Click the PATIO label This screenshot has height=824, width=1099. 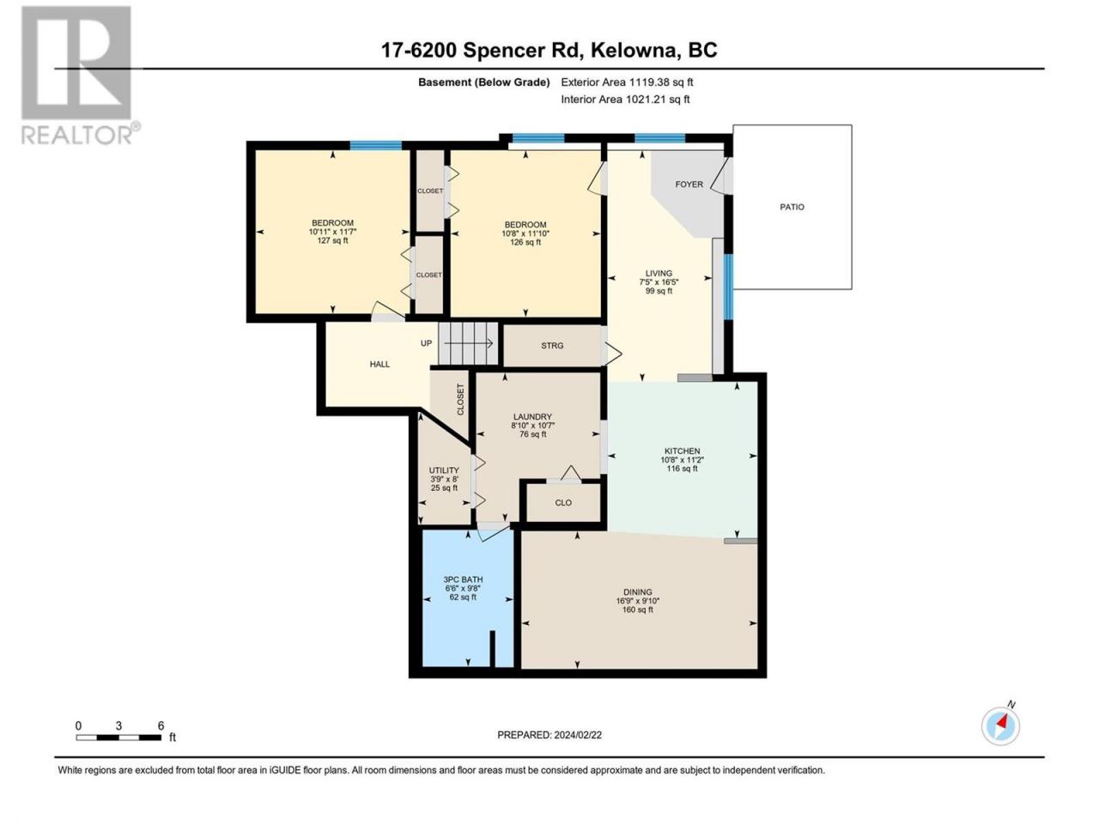(792, 207)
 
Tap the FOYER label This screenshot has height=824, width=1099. (689, 184)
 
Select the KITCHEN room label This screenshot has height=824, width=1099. (682, 451)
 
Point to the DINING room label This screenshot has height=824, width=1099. (637, 592)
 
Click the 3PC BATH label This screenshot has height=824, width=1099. (463, 579)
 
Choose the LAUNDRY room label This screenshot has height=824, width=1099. (532, 417)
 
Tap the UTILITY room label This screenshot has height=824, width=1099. (444, 470)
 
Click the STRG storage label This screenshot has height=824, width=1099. (552, 345)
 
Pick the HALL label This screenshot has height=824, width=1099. (379, 364)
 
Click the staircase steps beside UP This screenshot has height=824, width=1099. (469, 343)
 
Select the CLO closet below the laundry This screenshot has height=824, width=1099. (563, 503)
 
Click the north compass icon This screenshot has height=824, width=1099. (1000, 724)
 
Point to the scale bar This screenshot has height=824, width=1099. (118, 737)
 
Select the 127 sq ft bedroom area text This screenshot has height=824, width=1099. (332, 240)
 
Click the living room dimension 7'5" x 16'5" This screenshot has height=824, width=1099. (659, 282)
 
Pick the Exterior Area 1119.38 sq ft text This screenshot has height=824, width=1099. (627, 82)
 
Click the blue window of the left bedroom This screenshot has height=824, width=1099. (375, 145)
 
